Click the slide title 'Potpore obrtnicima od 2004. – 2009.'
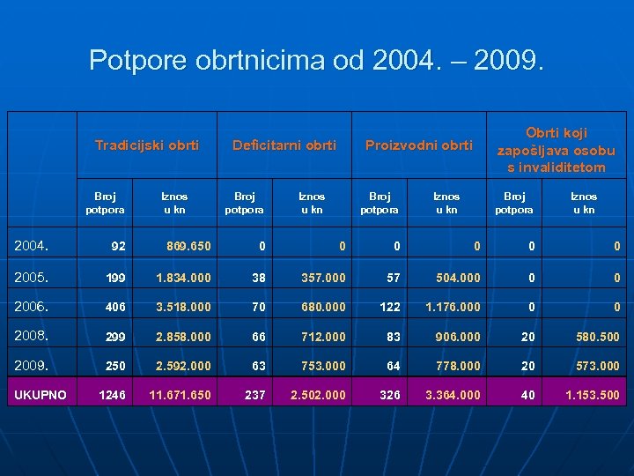(317, 60)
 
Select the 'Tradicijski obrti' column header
(147, 145)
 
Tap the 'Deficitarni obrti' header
(284, 145)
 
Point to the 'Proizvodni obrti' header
(419, 145)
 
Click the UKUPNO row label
(40, 394)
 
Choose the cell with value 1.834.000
(184, 278)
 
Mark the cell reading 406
(116, 307)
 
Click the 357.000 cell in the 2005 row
(322, 278)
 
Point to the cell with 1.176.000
(453, 307)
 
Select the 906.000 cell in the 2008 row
(458, 337)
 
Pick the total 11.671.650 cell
(181, 395)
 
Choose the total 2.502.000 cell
(318, 395)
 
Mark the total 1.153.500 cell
(592, 395)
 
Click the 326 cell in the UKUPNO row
(389, 395)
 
